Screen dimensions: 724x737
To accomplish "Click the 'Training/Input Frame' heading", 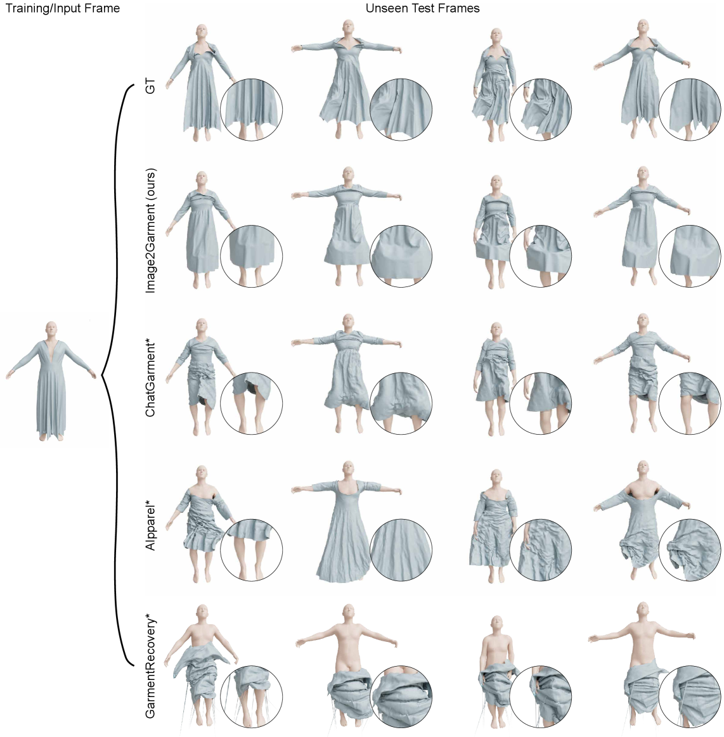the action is click(x=63, y=8).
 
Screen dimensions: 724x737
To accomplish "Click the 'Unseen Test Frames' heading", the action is click(x=423, y=8).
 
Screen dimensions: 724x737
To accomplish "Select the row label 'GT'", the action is click(x=150, y=87).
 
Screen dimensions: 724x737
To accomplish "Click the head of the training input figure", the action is click(x=51, y=328).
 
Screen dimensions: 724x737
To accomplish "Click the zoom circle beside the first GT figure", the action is click(x=252, y=110).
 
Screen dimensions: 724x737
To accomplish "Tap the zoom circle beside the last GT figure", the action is click(x=690, y=110).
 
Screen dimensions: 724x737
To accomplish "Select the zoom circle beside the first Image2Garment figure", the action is click(x=252, y=256).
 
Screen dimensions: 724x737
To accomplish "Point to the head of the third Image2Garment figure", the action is click(x=496, y=183).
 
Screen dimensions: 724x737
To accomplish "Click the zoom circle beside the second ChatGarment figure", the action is click(x=401, y=403).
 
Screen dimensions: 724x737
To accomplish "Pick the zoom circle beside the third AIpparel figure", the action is click(x=541, y=550).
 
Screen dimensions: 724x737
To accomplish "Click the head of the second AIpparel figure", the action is click(x=348, y=469).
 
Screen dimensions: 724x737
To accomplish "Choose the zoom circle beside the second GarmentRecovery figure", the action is click(x=401, y=696).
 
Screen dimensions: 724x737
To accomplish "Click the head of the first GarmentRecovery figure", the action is click(x=202, y=612).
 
